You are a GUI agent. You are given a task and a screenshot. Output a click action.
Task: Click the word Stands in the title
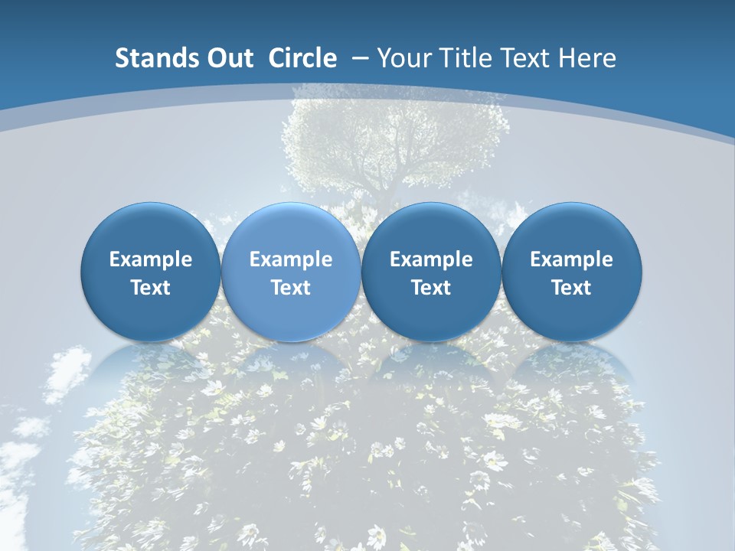149,58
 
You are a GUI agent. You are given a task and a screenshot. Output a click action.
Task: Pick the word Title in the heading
461,58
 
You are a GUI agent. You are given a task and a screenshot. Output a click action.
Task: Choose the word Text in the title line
520,58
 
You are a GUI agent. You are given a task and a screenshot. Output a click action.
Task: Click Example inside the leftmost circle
150,259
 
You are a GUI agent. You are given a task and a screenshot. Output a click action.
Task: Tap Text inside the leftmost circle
150,288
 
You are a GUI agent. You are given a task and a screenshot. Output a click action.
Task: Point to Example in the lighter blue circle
291,259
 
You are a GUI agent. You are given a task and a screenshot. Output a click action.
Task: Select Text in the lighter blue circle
291,288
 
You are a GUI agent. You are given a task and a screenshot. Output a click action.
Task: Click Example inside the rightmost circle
571,259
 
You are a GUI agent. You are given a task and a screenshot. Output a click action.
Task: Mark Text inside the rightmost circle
571,288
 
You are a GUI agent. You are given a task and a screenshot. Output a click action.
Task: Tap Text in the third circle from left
431,288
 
